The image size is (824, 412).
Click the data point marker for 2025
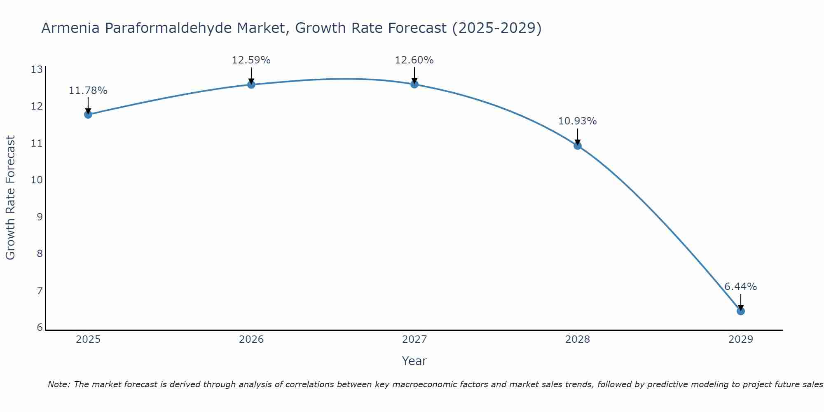88,115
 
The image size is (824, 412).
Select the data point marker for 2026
251,84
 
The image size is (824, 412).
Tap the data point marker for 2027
414,84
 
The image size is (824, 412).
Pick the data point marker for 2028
577,145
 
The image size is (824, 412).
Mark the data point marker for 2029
740,311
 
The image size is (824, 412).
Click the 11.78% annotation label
88,91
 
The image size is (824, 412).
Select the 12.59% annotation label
251,60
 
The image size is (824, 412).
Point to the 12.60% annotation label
414,60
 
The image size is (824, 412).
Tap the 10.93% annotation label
577,121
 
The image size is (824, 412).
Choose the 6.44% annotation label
740,287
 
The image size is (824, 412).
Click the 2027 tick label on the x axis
414,339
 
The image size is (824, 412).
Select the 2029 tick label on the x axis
740,339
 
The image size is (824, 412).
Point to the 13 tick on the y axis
37,70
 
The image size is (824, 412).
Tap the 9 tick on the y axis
40,217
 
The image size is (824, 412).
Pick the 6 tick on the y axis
40,328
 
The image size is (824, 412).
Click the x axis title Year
414,361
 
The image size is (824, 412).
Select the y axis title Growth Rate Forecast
11,198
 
